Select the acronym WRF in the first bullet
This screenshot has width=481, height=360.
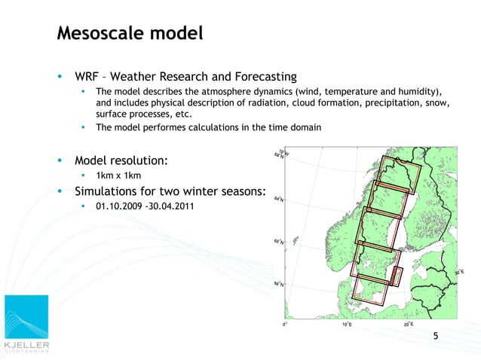click(x=87, y=77)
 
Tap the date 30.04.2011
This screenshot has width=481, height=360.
click(x=173, y=206)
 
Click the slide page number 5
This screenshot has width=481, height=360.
click(x=434, y=335)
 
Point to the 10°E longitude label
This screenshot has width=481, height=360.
click(x=346, y=325)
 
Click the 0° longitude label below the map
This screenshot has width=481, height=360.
click(x=283, y=325)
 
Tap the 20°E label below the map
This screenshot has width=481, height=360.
click(x=408, y=325)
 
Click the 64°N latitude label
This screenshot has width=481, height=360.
click(x=279, y=200)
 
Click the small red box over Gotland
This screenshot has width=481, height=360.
click(x=398, y=276)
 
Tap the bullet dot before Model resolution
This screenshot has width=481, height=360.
click(x=60, y=160)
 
